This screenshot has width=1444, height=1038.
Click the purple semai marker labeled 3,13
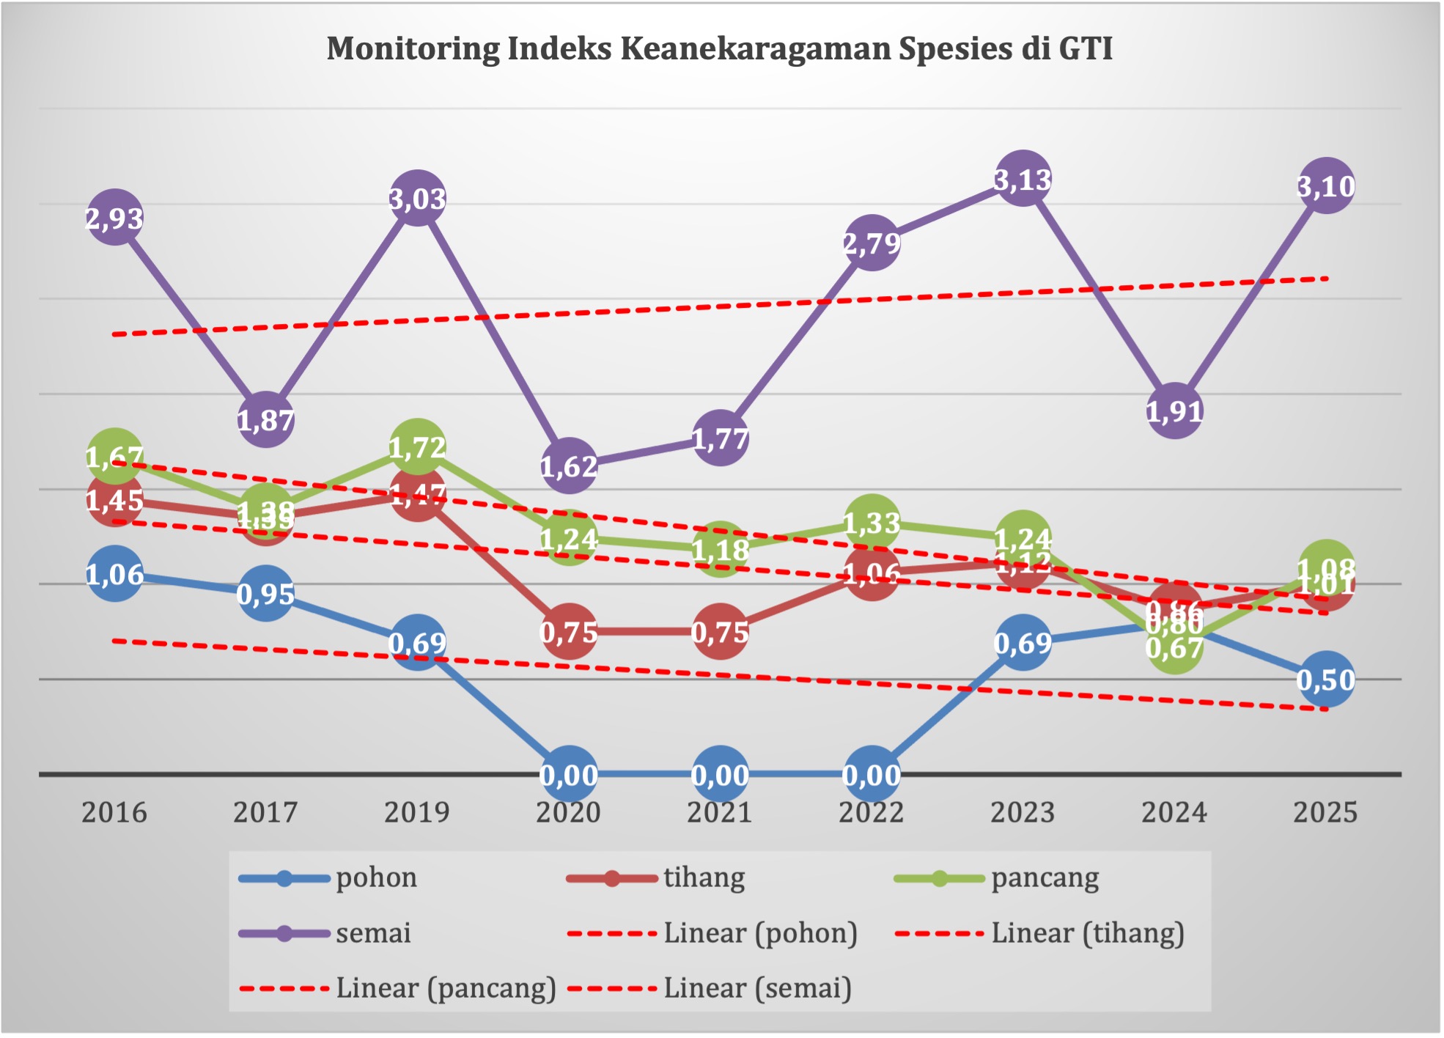click(x=1023, y=178)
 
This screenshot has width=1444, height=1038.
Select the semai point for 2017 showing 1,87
click(x=265, y=420)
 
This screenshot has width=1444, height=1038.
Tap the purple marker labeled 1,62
click(x=569, y=465)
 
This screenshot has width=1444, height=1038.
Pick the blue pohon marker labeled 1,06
click(x=114, y=574)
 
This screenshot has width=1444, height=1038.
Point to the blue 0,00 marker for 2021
click(x=720, y=774)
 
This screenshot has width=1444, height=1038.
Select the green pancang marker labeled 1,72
click(x=417, y=446)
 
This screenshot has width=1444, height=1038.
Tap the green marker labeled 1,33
click(x=872, y=523)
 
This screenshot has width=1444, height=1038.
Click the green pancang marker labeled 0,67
click(x=1174, y=647)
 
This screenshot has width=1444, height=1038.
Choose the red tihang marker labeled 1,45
click(x=114, y=500)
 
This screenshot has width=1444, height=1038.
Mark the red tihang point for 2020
click(x=569, y=631)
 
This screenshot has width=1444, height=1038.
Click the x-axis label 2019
click(x=416, y=812)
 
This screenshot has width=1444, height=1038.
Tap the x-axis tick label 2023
click(x=1023, y=812)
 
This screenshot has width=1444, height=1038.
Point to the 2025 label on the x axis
click(x=1325, y=812)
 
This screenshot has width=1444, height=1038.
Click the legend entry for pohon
click(x=376, y=877)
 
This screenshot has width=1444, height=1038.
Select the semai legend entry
click(x=373, y=933)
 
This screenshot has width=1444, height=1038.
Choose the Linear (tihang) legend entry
click(x=1087, y=933)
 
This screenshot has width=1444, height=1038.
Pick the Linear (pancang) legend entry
click(x=446, y=988)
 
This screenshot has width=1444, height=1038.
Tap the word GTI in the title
click(x=1086, y=48)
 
